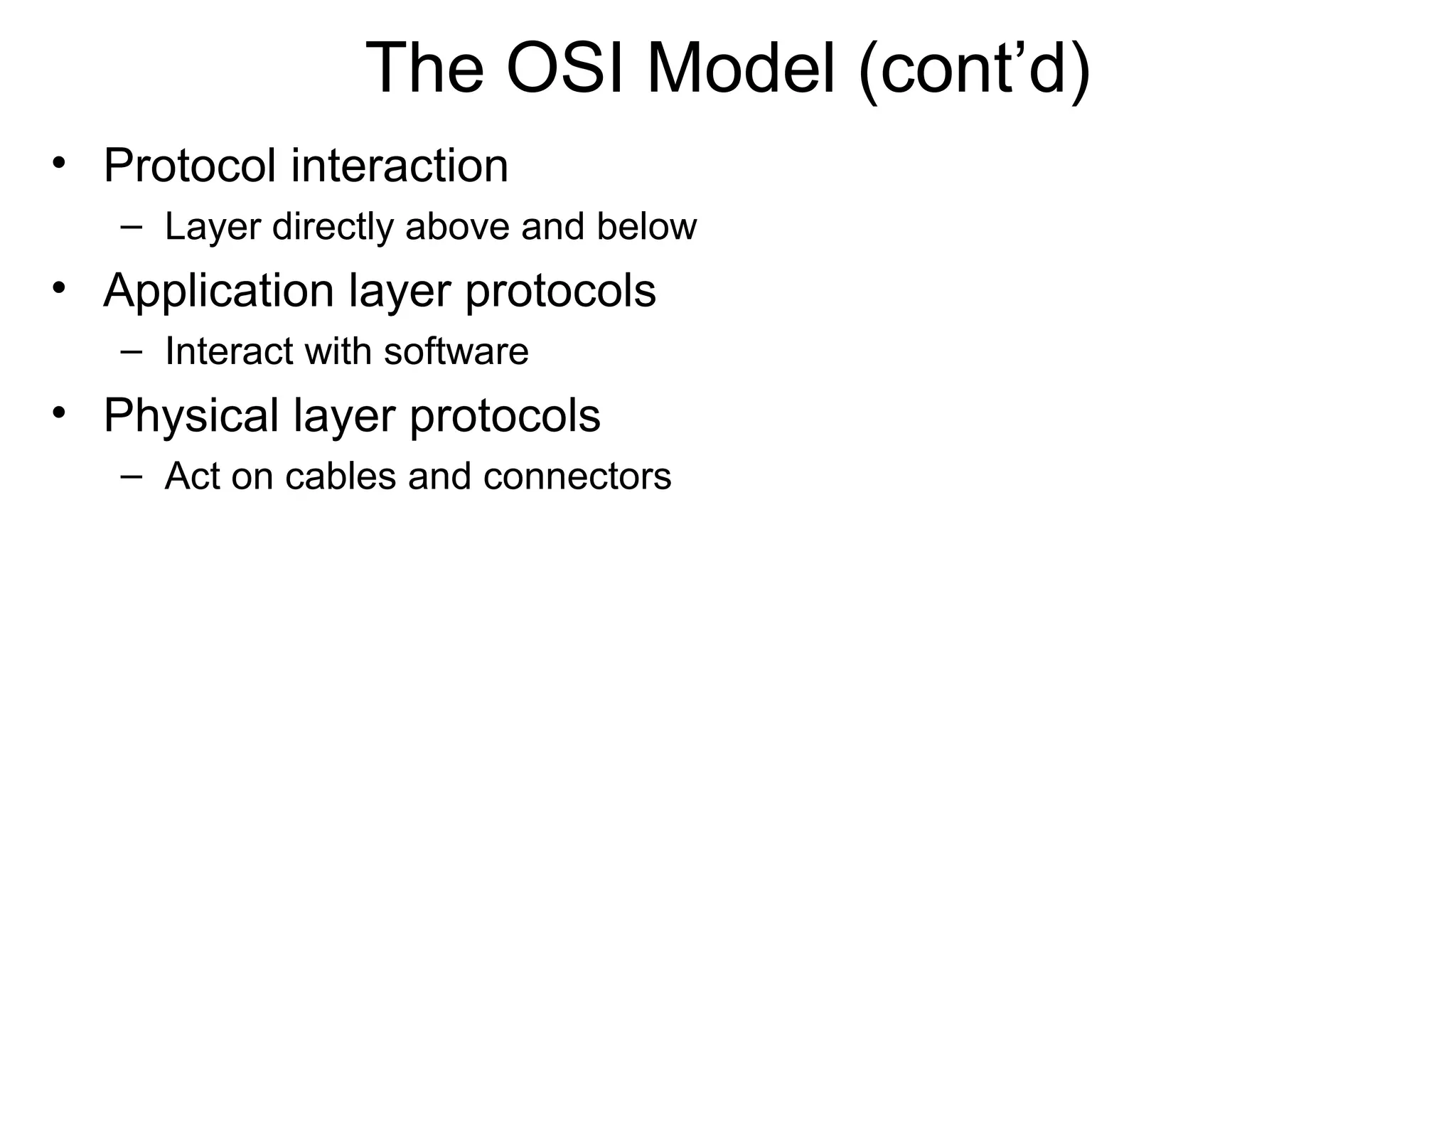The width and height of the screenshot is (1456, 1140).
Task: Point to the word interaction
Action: click(400, 166)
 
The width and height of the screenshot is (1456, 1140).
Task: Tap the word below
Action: click(646, 227)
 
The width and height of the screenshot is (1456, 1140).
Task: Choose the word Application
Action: click(219, 291)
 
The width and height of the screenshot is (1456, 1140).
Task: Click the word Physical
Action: click(191, 415)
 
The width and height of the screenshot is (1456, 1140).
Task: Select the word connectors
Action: click(577, 476)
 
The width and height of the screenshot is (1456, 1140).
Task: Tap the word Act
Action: click(191, 476)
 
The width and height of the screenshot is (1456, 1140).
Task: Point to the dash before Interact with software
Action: click(131, 351)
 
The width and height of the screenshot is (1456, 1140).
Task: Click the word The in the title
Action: click(424, 68)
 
